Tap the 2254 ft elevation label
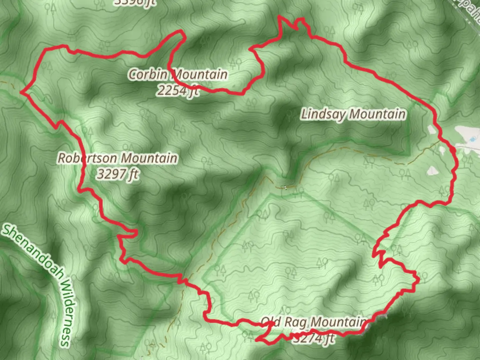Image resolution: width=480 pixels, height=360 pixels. [x=178, y=90]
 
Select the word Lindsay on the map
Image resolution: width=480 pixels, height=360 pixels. [x=323, y=114]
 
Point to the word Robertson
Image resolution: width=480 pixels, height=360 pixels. [x=88, y=158]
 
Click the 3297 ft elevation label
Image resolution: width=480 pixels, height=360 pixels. [x=117, y=174]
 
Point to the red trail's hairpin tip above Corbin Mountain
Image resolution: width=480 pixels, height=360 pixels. [x=182, y=32]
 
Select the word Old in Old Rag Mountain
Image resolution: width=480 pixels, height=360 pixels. [x=271, y=322]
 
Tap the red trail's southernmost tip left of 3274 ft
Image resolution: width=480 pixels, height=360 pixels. [x=257, y=340]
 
